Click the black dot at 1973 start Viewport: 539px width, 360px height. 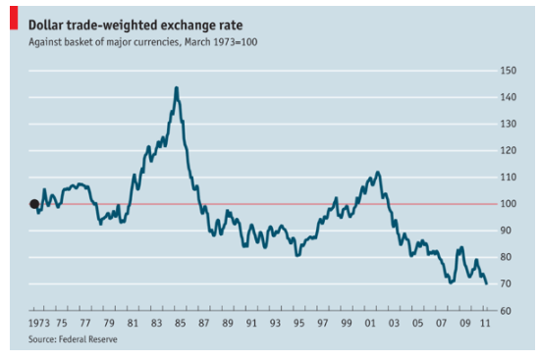(34, 204)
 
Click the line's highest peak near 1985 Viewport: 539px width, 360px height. (177, 87)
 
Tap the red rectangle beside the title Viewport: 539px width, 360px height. (14, 18)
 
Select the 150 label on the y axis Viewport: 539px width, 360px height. (508, 71)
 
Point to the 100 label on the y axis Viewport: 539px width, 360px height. (508, 204)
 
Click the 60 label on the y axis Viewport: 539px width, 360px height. (506, 311)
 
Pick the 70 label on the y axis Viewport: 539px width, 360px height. (506, 283)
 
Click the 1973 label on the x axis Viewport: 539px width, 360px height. (39, 323)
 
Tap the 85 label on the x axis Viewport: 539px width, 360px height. (180, 323)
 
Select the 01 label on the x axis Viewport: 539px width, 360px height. (370, 323)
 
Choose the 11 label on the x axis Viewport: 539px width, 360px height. (485, 323)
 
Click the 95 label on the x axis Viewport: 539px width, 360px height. (298, 323)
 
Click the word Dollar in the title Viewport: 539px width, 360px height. (45, 26)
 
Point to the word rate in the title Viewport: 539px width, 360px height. (232, 26)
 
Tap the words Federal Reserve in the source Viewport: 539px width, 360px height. (88, 339)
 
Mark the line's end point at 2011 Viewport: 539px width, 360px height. (486, 283)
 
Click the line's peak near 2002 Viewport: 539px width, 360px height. (378, 172)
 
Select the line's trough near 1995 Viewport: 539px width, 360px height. (297, 256)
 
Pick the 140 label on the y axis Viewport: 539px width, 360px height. (508, 97)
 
